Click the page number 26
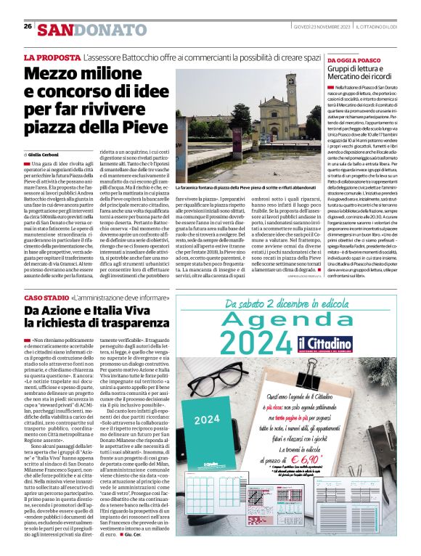(28, 26)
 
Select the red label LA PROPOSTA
(51, 57)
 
